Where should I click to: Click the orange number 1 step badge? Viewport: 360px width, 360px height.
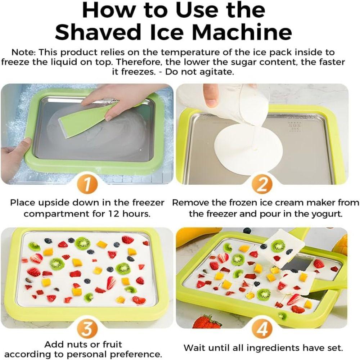coord(86,185)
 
